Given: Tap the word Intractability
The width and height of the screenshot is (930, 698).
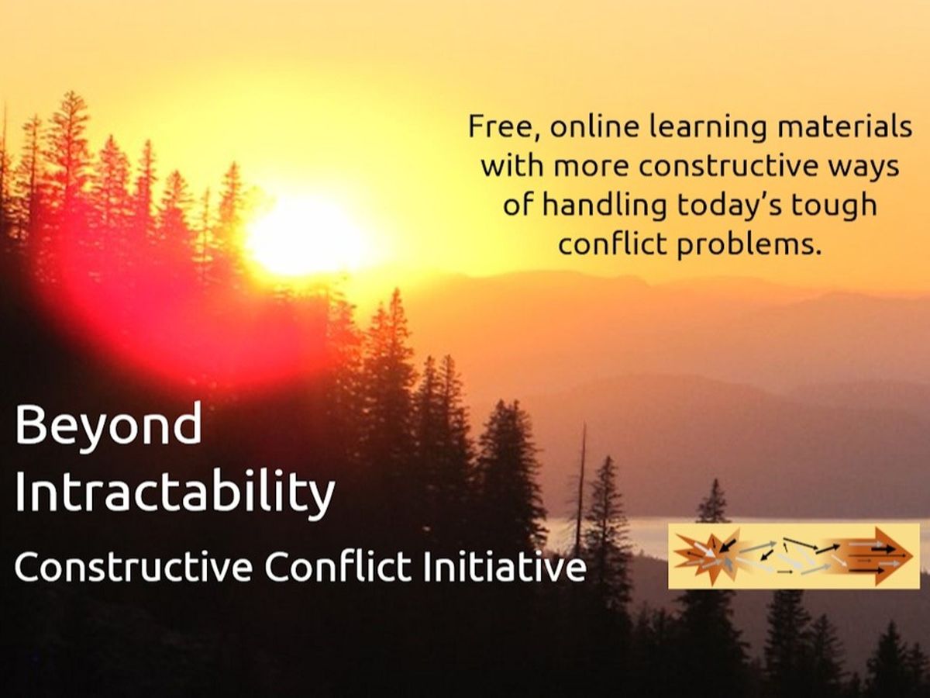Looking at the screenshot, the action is (x=175, y=493).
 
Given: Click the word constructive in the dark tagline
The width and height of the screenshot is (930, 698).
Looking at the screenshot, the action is (x=728, y=166).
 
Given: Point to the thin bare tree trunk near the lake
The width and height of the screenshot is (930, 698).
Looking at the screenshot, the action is (x=582, y=478).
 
